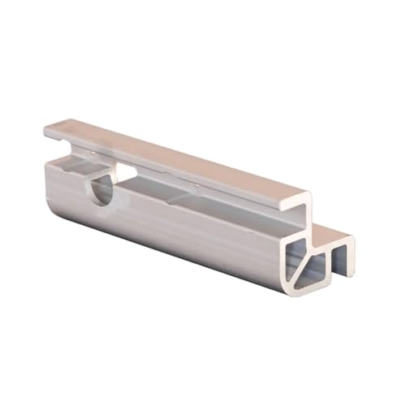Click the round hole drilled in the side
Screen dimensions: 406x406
point(101,188)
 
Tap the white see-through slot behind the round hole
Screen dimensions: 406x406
point(126,172)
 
